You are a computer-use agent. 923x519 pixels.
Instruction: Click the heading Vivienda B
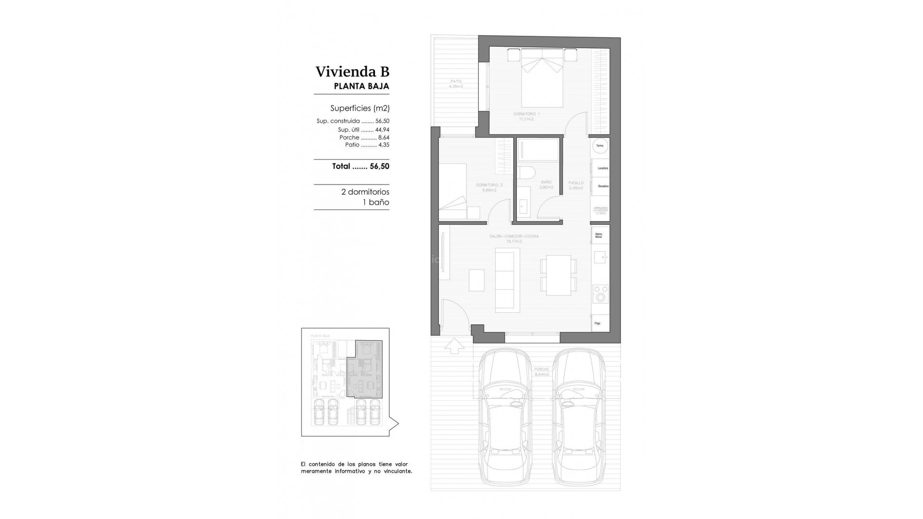352,72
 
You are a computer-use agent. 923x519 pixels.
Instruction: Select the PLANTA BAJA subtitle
361,86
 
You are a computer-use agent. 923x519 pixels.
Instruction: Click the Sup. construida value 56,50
382,121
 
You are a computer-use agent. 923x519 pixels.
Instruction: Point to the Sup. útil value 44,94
382,130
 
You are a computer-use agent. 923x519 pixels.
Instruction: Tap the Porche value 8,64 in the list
384,137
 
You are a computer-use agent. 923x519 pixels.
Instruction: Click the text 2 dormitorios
365,192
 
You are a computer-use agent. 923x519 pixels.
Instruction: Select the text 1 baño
375,202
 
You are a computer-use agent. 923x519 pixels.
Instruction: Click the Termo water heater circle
599,146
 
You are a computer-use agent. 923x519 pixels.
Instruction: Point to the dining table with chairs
558,275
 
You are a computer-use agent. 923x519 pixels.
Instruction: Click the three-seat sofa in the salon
504,281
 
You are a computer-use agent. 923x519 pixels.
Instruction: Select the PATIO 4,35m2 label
456,84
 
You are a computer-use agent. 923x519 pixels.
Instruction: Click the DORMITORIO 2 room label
489,187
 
